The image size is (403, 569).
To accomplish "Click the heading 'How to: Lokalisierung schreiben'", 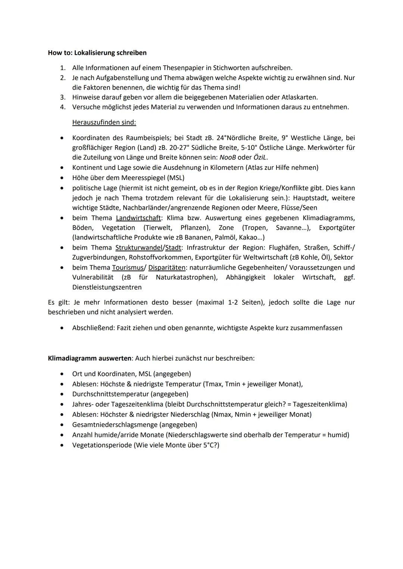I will (97, 53).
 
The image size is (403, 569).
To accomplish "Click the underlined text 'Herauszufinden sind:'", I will (104, 122).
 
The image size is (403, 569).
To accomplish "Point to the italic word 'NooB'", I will (228, 157).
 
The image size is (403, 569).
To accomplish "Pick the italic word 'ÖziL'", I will (260, 157).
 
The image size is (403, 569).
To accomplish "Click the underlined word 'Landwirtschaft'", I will (138, 218).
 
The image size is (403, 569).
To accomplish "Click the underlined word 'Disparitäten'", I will (166, 268).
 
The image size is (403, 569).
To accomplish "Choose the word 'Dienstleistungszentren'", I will (107, 287).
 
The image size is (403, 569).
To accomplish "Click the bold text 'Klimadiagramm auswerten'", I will (90, 358).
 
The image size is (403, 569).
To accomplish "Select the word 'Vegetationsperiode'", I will (102, 445).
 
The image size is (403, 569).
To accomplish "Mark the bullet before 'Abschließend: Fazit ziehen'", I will (62, 328).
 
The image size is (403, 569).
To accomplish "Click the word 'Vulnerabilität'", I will (93, 277).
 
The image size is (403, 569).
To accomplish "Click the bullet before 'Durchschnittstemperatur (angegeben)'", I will (62, 394).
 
